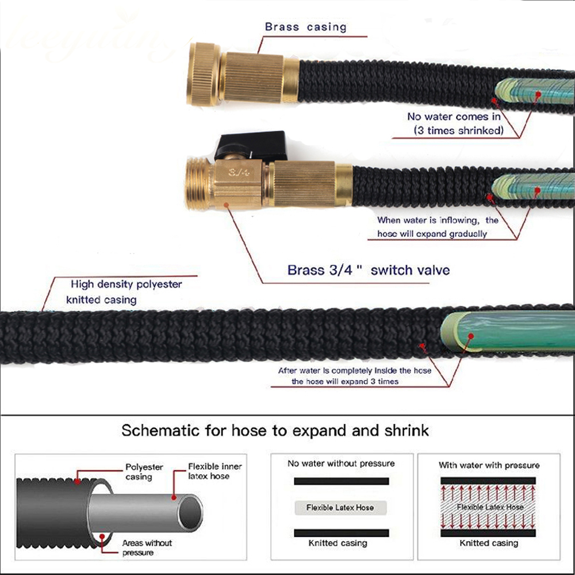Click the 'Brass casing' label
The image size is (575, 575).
pyautogui.click(x=305, y=27)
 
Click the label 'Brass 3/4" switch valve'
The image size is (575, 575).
pyautogui.click(x=369, y=270)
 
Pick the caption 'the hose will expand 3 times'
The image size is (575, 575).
pyautogui.click(x=345, y=381)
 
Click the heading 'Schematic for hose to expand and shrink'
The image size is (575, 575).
pyautogui.click(x=275, y=431)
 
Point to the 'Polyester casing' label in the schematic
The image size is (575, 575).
pyautogui.click(x=144, y=472)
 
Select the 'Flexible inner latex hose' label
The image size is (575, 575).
pyautogui.click(x=214, y=471)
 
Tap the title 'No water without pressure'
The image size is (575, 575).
pyautogui.click(x=341, y=463)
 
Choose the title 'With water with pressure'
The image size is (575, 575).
pyautogui.click(x=489, y=465)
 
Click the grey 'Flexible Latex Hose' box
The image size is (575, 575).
pyautogui.click(x=340, y=508)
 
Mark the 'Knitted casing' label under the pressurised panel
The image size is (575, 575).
pyautogui.click(x=489, y=543)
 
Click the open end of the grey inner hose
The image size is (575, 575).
pyautogui.click(x=189, y=513)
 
